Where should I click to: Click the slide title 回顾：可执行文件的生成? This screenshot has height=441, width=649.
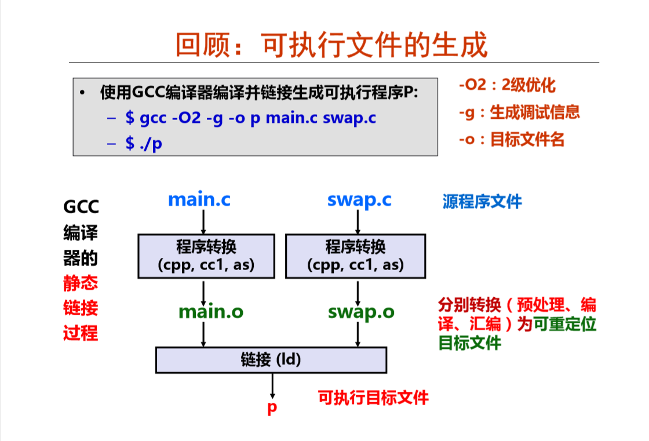tap(331, 45)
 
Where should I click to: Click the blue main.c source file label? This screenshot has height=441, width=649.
tap(199, 200)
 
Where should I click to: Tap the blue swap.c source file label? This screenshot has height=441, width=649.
tap(359, 200)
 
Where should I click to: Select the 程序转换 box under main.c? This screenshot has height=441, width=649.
tap(206, 256)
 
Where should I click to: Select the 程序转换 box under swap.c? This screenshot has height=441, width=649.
tap(355, 256)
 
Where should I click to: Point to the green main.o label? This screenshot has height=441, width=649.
tap(211, 312)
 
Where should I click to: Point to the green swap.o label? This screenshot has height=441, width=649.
tap(361, 312)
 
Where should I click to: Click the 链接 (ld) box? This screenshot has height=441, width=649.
tap(271, 360)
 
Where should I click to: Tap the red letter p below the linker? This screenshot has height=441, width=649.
tap(272, 407)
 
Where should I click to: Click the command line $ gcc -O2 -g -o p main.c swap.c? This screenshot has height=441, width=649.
tap(250, 118)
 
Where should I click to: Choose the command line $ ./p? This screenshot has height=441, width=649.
tap(144, 143)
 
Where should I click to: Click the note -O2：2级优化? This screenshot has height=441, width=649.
tap(507, 86)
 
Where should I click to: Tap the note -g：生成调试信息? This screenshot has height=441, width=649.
tap(519, 112)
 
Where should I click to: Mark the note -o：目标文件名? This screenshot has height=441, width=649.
tap(511, 140)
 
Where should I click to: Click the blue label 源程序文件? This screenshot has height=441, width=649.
tap(482, 202)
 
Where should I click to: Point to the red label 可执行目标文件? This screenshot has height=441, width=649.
tap(373, 398)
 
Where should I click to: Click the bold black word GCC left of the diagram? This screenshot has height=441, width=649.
tap(81, 207)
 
